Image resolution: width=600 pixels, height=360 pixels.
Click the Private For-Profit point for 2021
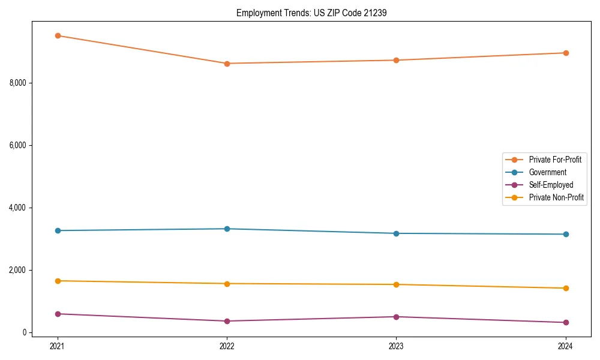[x=58, y=35]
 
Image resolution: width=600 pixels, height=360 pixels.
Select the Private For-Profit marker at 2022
[x=227, y=64]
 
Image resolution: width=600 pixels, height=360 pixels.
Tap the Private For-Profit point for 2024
[x=566, y=53]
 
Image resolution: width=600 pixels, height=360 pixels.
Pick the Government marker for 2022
[x=227, y=229]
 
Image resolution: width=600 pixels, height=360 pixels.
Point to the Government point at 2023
[x=396, y=233]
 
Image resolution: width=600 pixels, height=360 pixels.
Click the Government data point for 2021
[x=58, y=230]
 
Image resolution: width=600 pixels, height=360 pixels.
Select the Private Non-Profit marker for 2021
[x=58, y=281]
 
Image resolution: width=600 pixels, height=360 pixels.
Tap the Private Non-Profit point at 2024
[x=566, y=288]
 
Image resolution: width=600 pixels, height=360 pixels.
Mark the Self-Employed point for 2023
[x=396, y=317]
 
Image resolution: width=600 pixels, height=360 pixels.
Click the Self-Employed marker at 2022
[x=227, y=321]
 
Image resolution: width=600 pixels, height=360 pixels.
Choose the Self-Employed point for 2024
[x=566, y=322]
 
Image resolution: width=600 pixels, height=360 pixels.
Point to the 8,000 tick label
[x=19, y=83]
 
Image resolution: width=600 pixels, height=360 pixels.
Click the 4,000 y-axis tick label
[x=19, y=208]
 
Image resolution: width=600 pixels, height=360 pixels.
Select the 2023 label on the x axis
[x=396, y=346]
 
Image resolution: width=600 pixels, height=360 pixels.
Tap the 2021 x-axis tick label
[x=58, y=346]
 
